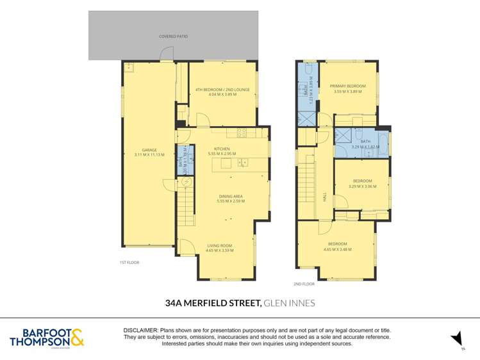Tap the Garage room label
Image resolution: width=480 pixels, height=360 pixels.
149,149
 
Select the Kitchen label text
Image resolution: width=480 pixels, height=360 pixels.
222,149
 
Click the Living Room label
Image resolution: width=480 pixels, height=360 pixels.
220,245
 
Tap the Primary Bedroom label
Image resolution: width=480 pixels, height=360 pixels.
347,86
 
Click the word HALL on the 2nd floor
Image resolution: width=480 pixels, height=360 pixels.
325,199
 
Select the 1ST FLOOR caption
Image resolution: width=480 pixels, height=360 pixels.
129,263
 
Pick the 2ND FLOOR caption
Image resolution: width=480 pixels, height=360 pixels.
304,283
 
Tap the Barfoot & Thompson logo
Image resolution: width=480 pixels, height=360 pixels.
47,338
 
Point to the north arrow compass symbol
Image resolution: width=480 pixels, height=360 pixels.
456,338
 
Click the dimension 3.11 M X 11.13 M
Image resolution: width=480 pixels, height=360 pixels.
149,155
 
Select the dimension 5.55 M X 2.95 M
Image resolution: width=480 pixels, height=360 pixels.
222,154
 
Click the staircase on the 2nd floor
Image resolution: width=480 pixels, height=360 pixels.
309,186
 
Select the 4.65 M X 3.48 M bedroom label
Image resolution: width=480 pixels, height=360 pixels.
338,249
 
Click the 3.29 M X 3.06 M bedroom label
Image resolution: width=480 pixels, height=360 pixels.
362,186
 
